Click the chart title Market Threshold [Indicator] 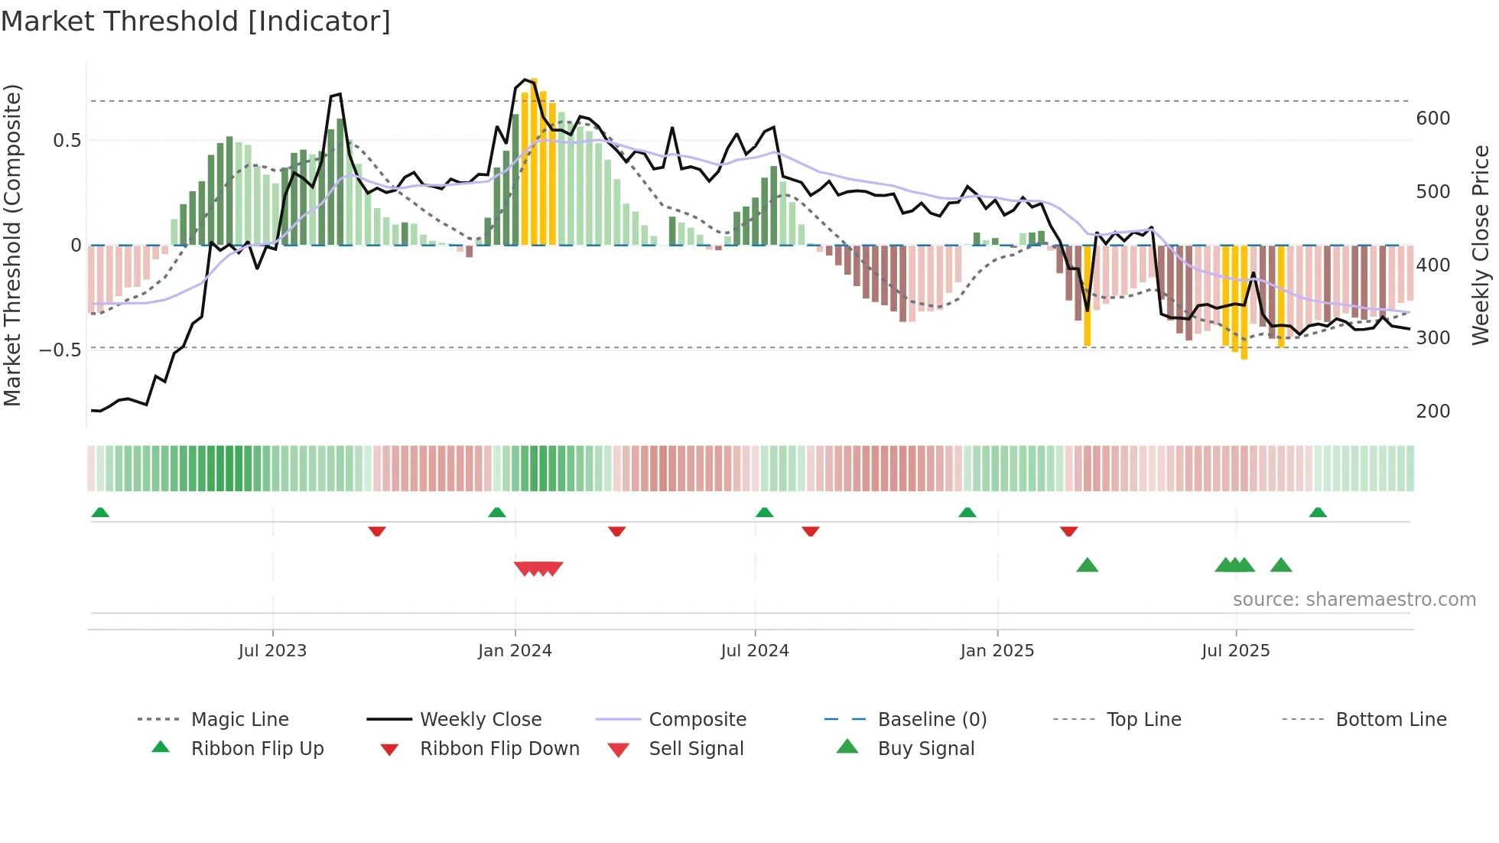click(196, 21)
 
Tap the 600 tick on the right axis click(1432, 119)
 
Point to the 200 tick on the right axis click(1432, 412)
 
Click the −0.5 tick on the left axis click(60, 350)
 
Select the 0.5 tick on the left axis click(67, 141)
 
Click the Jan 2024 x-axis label click(515, 651)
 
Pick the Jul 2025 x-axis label click(1235, 651)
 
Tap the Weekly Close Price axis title click(1481, 245)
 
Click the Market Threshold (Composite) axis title click(12, 245)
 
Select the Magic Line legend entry click(239, 720)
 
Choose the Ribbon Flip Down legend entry click(499, 749)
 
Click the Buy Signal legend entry click(925, 749)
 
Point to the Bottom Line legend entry click(1390, 720)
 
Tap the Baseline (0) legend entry click(932, 720)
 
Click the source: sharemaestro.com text click(1354, 600)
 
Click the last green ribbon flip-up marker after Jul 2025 click(1318, 513)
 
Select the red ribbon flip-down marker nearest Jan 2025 click(1068, 531)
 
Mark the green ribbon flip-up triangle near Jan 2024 click(497, 513)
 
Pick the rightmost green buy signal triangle click(1281, 565)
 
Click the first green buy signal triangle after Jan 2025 click(1087, 565)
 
